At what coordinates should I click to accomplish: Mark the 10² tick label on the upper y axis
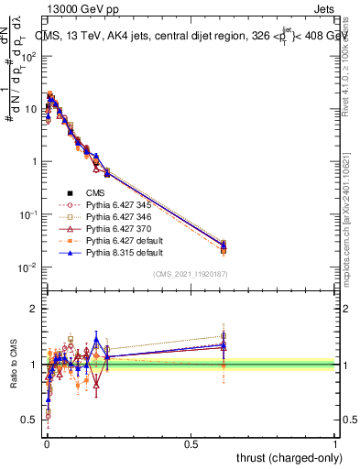(27, 57)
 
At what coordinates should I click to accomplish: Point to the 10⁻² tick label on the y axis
(27, 267)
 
